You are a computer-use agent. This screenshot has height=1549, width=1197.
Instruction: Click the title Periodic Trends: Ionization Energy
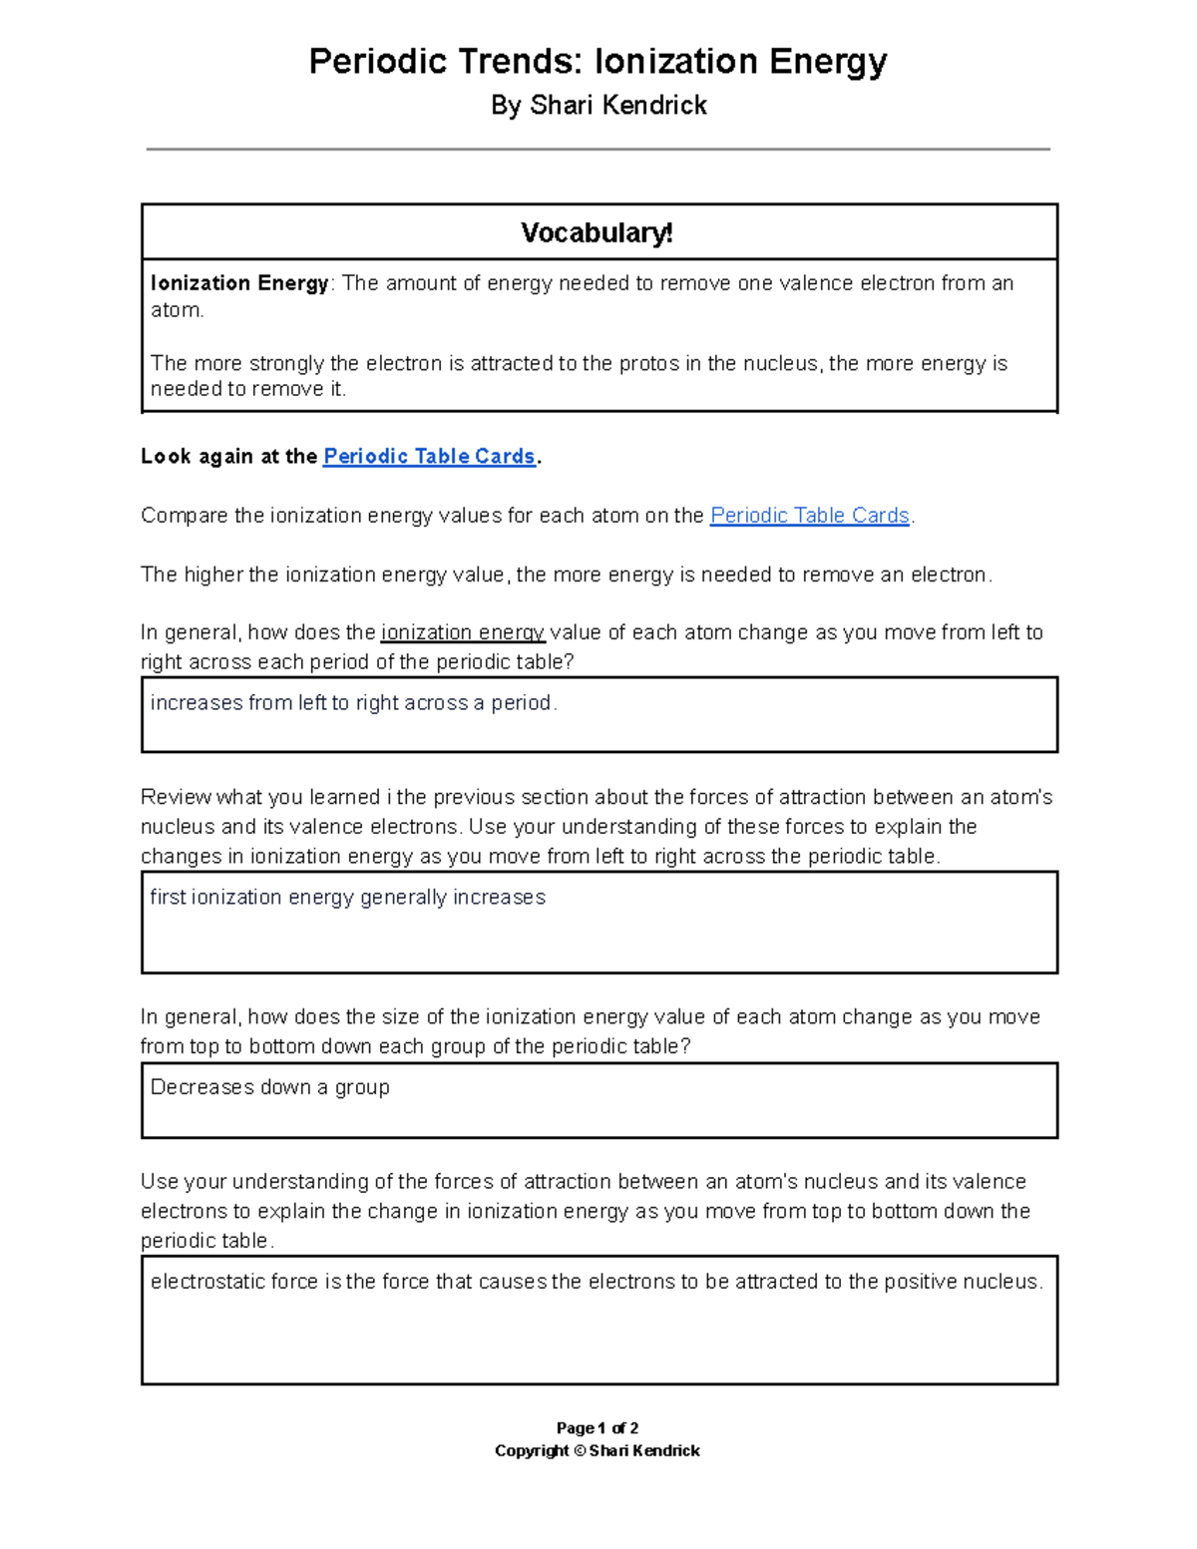click(598, 62)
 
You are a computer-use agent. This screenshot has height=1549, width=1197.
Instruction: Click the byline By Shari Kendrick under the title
click(598, 106)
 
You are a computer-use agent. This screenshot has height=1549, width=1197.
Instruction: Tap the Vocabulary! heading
click(598, 233)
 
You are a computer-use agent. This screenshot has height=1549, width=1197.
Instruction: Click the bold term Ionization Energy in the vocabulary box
click(239, 283)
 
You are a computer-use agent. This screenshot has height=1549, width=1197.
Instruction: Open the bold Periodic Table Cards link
click(429, 457)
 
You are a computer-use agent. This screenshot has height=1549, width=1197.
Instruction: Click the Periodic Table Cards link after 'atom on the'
click(809, 516)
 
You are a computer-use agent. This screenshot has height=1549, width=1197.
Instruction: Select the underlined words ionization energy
click(463, 632)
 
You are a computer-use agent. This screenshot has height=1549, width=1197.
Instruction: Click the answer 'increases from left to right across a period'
click(353, 703)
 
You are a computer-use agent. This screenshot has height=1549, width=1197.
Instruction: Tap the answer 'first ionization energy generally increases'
click(347, 898)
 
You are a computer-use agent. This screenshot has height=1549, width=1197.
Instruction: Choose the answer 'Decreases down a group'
click(269, 1087)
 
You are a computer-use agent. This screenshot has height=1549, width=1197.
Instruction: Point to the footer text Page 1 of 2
click(598, 1428)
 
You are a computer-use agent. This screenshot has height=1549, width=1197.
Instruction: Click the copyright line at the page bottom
click(598, 1451)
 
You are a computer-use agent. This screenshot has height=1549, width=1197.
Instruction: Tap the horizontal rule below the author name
click(598, 150)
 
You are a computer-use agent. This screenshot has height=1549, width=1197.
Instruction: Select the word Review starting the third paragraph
click(176, 797)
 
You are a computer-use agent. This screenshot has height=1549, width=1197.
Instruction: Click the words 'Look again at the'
click(228, 457)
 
